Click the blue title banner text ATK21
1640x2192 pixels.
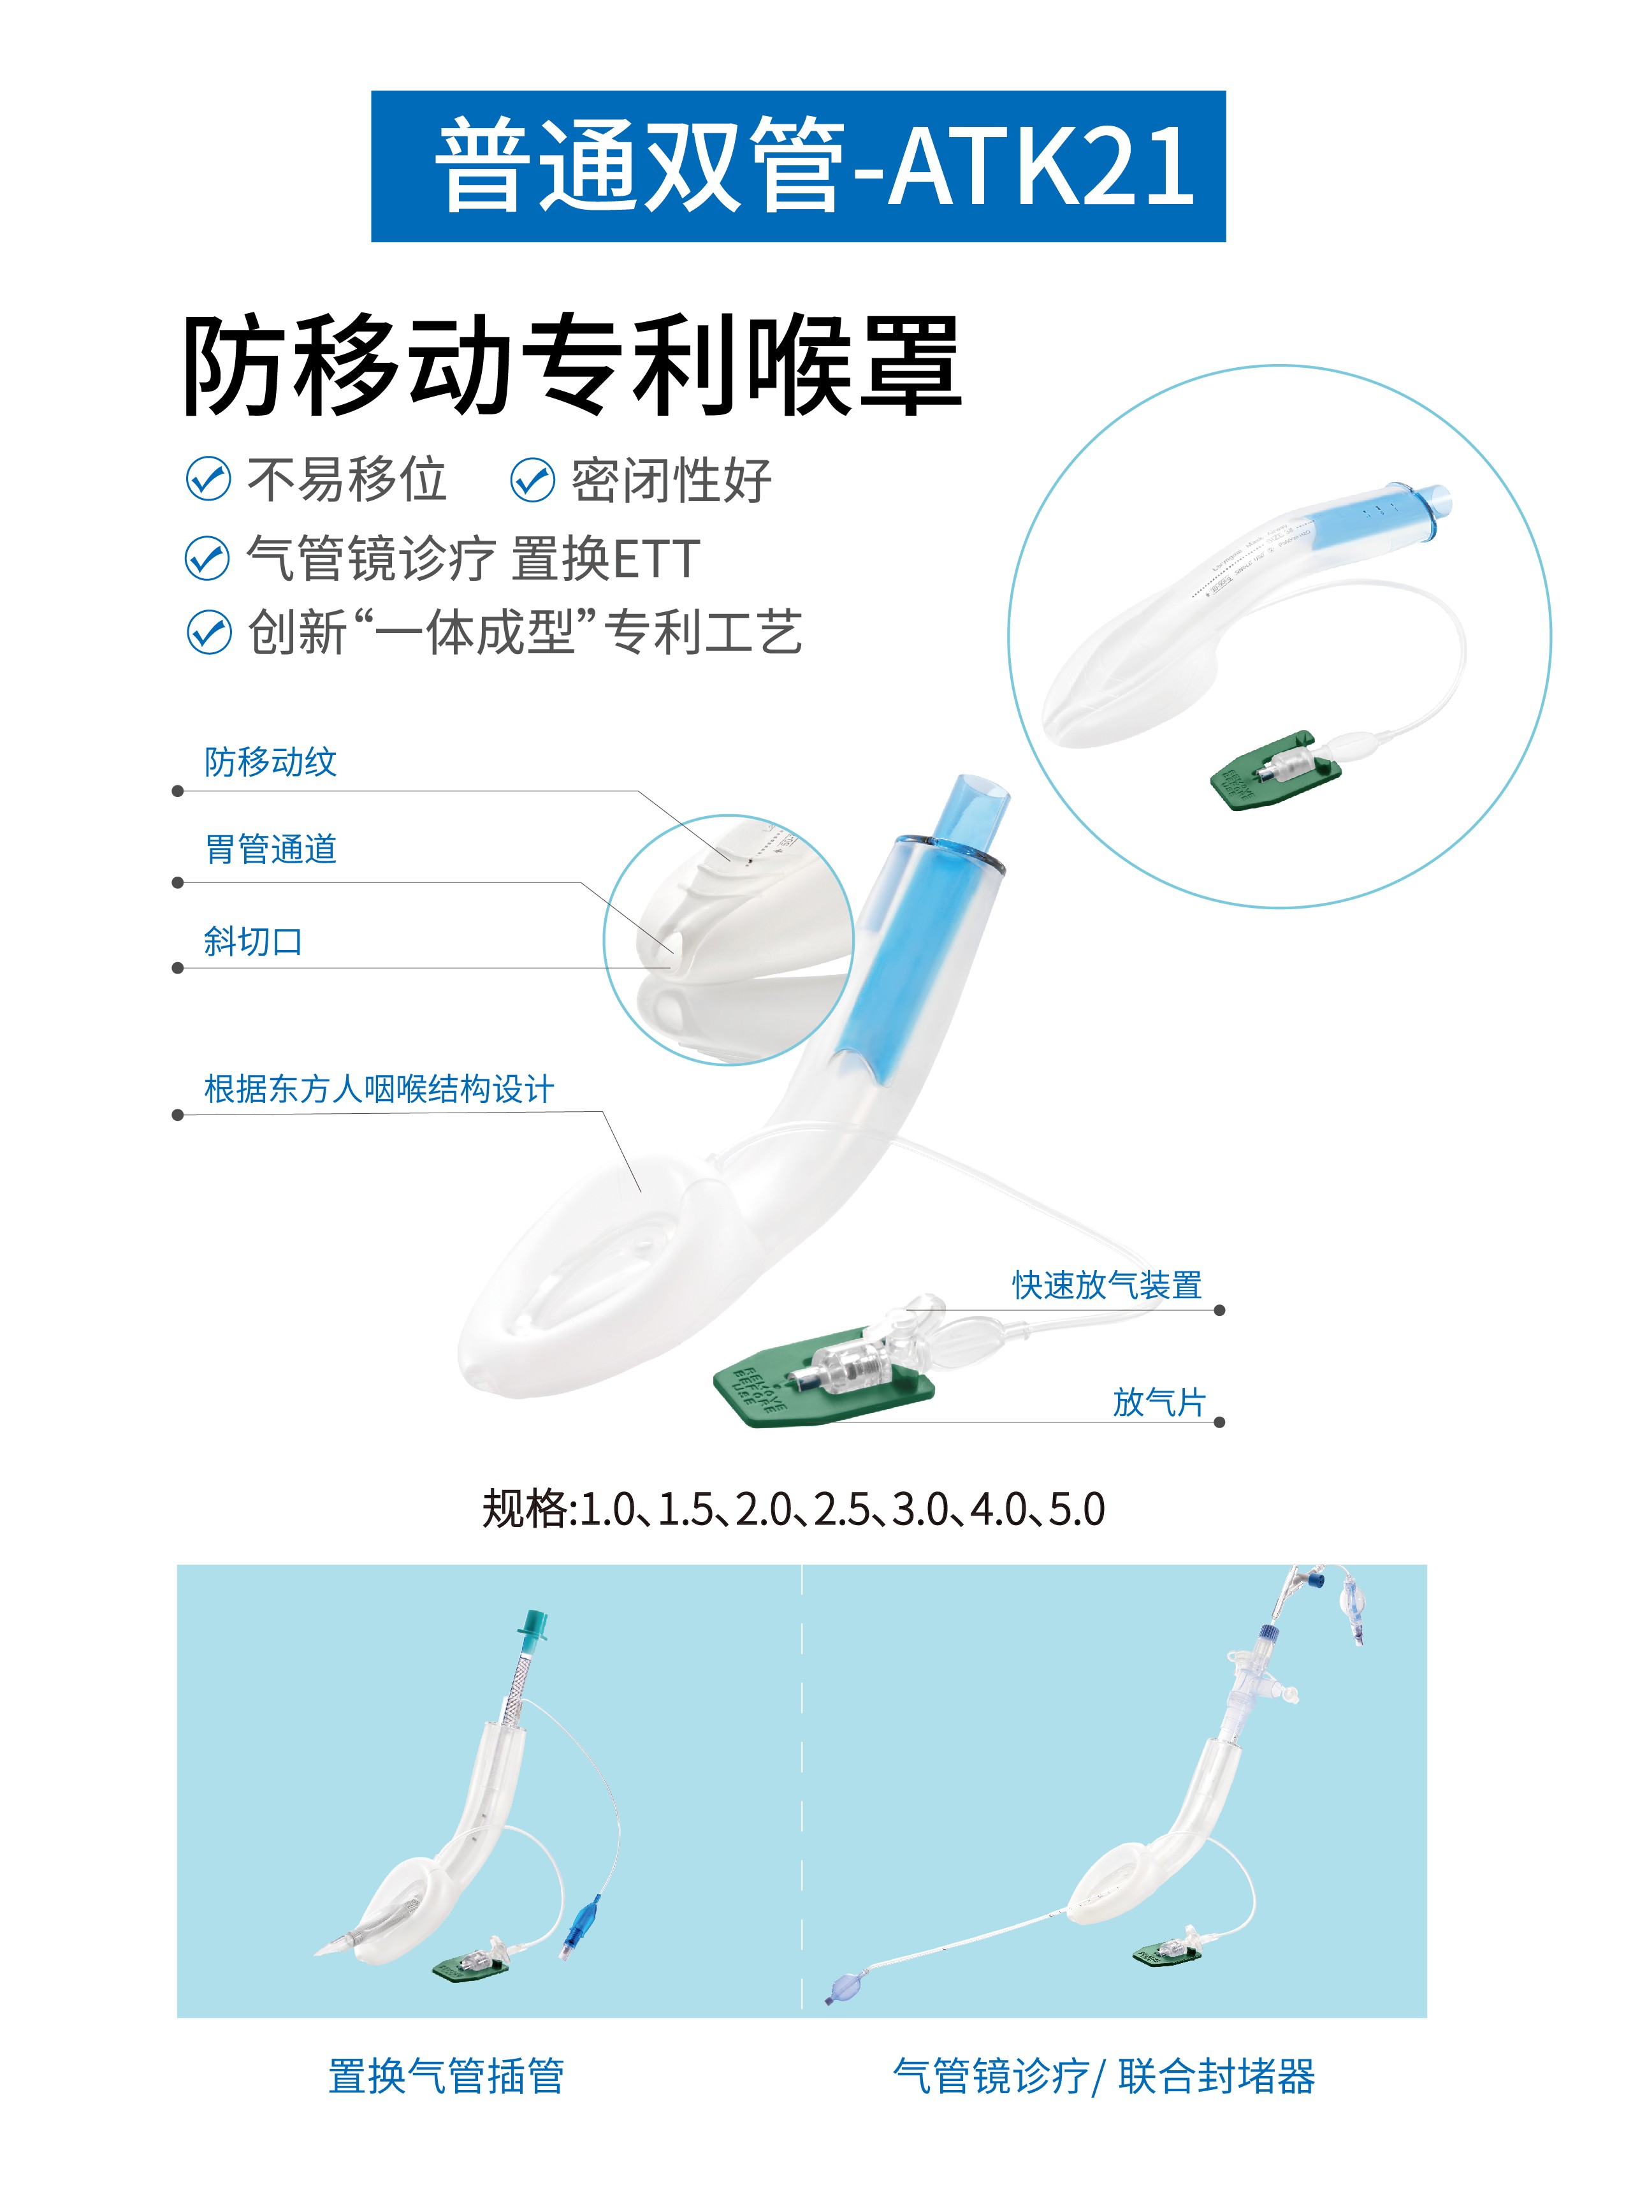pos(1040,166)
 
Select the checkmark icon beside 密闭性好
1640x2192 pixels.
pos(532,481)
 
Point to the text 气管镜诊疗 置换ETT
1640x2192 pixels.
pos(474,558)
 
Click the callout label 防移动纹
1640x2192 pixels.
pos(270,762)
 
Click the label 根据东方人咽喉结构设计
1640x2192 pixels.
pos(379,1089)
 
